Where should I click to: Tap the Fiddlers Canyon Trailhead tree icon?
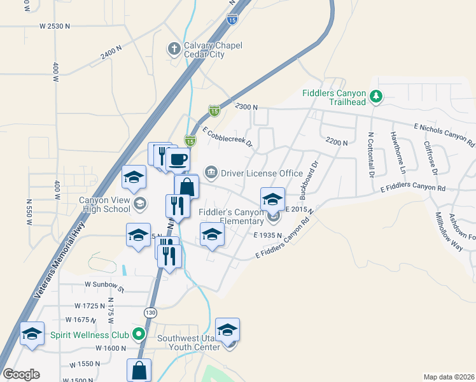(377, 96)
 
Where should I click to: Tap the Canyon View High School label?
(104, 204)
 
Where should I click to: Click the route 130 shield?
(150, 313)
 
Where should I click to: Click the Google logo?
(22, 374)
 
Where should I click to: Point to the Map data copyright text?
(449, 377)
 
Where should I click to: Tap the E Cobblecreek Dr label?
(228, 138)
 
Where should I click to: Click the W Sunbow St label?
(104, 286)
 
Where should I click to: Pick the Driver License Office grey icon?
(211, 173)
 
